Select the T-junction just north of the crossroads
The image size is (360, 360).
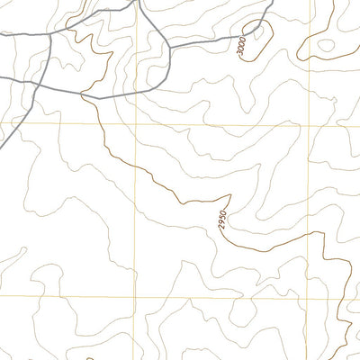pos(50,33)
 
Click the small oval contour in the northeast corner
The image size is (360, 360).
pos(326,45)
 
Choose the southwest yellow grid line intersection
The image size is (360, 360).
pos(136,297)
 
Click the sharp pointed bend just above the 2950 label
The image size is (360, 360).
pos(230,193)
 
